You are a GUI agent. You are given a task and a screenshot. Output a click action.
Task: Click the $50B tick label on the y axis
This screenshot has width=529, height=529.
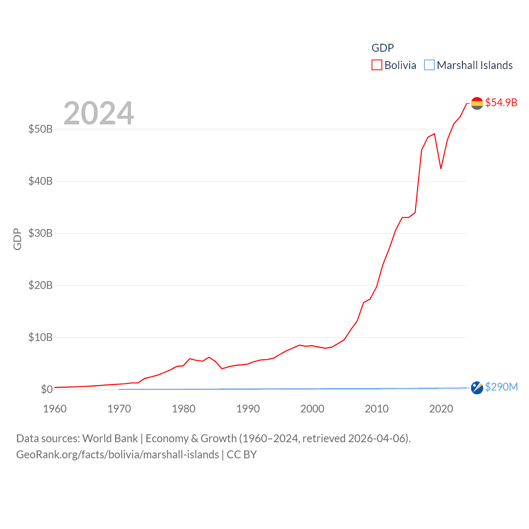[41, 129]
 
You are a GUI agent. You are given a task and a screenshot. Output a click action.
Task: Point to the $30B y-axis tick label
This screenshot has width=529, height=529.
[41, 233]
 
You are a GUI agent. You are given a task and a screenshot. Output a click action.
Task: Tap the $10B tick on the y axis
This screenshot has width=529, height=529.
[41, 337]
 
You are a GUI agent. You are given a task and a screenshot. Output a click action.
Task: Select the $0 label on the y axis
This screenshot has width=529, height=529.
[47, 389]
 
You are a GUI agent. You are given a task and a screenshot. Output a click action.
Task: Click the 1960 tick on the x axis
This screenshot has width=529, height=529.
[55, 409]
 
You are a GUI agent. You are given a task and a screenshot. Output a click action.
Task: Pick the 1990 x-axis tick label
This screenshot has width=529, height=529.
[248, 409]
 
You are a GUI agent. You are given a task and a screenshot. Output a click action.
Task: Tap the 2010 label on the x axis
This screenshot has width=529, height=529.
[376, 409]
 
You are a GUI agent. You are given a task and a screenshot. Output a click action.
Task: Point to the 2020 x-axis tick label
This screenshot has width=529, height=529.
[441, 409]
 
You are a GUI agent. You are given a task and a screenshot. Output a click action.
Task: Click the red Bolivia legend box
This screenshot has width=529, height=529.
[376, 65]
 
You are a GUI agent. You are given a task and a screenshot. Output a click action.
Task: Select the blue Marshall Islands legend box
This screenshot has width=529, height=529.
[429, 65]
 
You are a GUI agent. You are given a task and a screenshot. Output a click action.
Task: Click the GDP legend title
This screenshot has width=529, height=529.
[383, 48]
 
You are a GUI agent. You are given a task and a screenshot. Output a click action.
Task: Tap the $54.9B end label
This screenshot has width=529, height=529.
[501, 102]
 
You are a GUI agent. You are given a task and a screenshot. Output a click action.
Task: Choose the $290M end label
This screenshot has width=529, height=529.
[501, 387]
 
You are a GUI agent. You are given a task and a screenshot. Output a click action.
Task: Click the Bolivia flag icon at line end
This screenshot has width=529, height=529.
[477, 103]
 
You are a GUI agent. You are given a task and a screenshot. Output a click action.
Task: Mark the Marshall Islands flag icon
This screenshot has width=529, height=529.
[477, 388]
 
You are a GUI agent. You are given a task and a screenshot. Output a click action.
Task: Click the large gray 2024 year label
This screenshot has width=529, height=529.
[98, 113]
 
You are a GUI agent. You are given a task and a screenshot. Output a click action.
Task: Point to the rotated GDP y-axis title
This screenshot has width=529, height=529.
[17, 239]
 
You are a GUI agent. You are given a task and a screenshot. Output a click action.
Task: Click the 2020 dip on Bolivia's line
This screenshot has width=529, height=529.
[441, 168]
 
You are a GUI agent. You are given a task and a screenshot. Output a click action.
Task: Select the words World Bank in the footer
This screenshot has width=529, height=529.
[110, 438]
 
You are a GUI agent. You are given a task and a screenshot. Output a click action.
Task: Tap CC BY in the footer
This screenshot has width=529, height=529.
[242, 455]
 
